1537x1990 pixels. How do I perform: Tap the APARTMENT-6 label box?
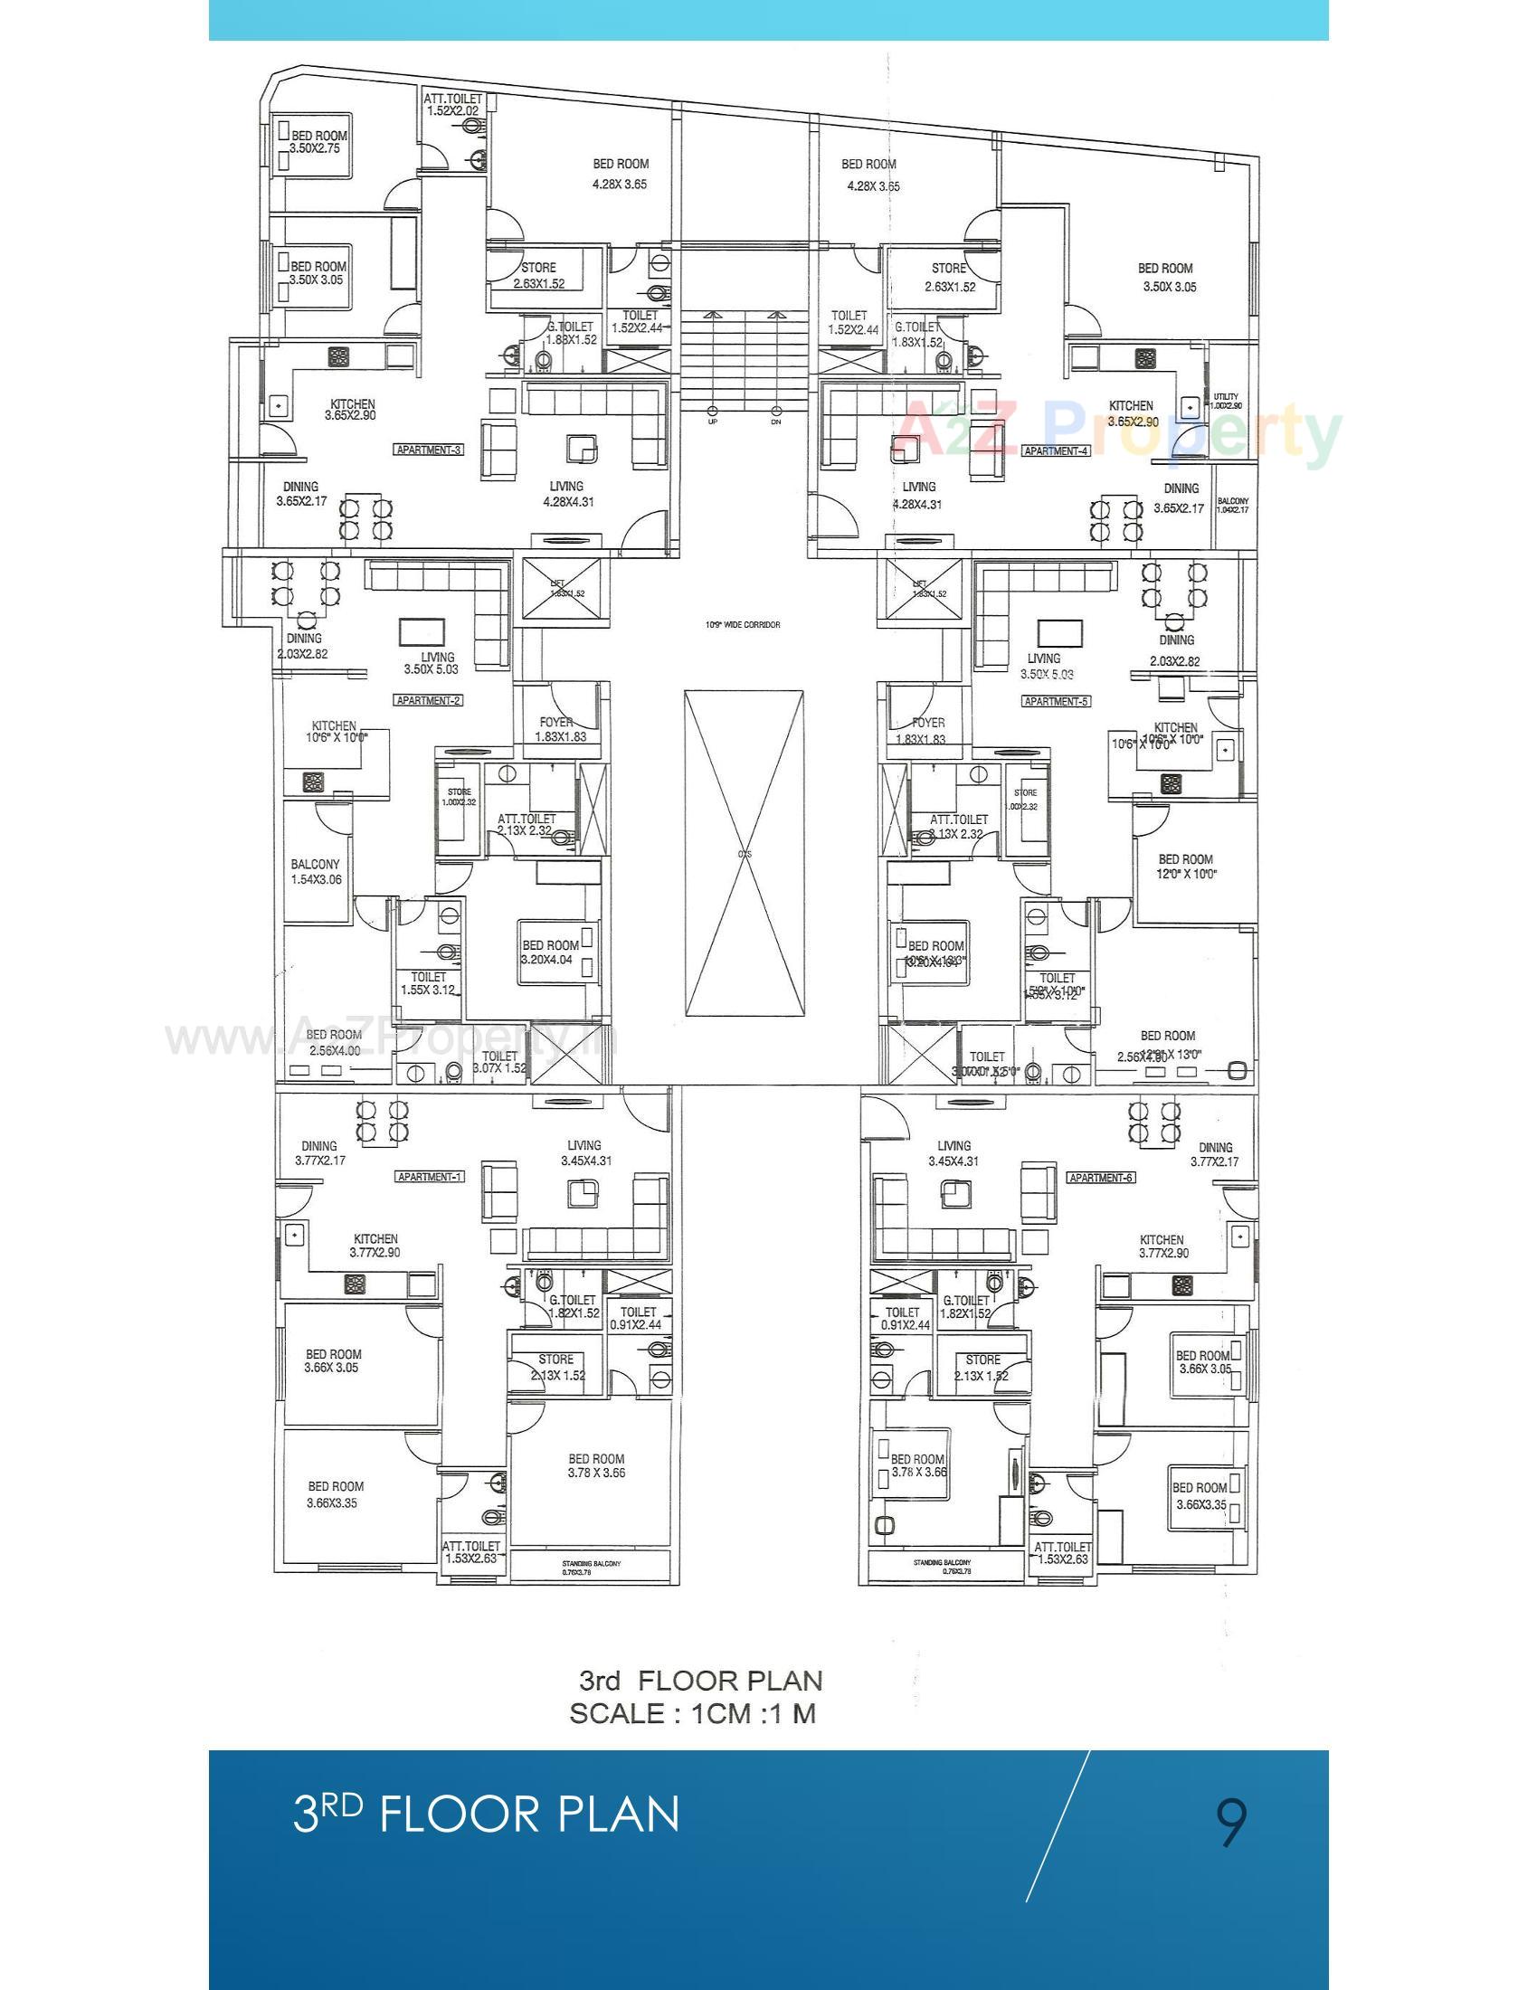pyautogui.click(x=1102, y=1177)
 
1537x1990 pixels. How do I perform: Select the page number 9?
pyautogui.click(x=1232, y=1820)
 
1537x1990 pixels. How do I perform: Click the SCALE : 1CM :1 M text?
pyautogui.click(x=692, y=1713)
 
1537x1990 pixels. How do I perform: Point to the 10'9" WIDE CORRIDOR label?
pyautogui.click(x=743, y=625)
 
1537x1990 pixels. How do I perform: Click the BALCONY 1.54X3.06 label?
pyautogui.click(x=315, y=872)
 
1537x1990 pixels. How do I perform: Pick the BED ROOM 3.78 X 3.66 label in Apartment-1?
pyautogui.click(x=596, y=1465)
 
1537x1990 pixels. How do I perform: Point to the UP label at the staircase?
pyautogui.click(x=713, y=422)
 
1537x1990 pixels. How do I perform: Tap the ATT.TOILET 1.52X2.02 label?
pyautogui.click(x=453, y=104)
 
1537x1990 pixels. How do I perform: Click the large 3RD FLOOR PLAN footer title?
pyautogui.click(x=487, y=1814)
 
